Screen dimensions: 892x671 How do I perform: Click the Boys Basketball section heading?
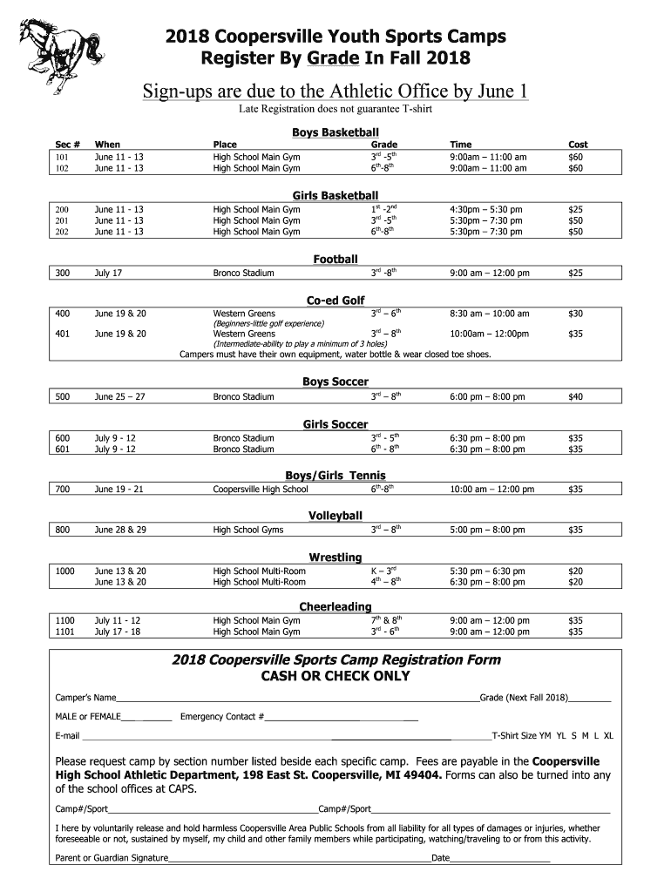click(335, 132)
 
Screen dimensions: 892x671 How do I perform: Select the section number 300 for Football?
click(62, 274)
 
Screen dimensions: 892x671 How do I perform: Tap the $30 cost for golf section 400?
click(575, 314)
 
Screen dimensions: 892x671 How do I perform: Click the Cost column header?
click(578, 145)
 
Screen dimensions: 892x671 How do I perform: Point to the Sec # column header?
click(67, 145)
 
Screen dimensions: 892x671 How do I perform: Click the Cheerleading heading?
click(335, 606)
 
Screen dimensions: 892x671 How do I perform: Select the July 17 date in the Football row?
click(108, 274)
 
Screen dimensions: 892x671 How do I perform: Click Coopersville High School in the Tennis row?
click(261, 490)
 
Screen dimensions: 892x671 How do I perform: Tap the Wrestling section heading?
click(335, 557)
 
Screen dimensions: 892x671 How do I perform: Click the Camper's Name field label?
click(85, 699)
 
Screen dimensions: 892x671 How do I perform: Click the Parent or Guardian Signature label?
click(112, 858)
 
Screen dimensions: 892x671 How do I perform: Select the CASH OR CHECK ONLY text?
click(335, 677)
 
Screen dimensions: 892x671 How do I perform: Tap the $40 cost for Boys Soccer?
click(575, 397)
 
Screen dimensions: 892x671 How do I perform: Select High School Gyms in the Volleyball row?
click(248, 530)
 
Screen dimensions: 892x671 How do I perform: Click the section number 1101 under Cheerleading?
click(64, 632)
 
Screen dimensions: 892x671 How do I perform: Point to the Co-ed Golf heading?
click(335, 301)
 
